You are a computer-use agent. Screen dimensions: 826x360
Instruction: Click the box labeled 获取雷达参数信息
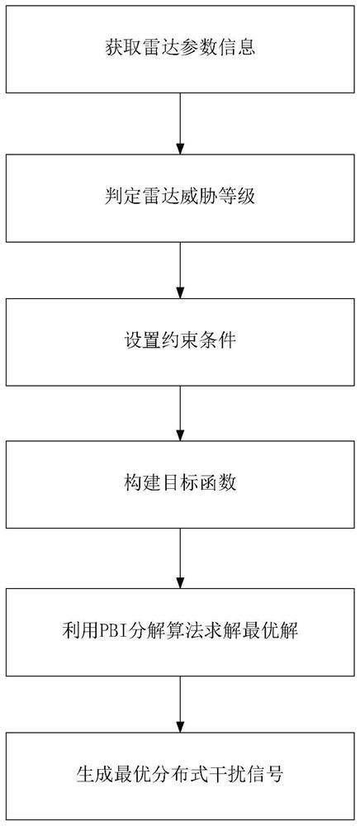pyautogui.click(x=179, y=48)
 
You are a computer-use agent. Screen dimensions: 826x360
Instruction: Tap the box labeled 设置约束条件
pyautogui.click(x=179, y=339)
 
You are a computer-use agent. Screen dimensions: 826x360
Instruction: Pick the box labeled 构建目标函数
pyautogui.click(x=179, y=483)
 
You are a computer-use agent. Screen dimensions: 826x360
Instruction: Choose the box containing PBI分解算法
pyautogui.click(x=179, y=632)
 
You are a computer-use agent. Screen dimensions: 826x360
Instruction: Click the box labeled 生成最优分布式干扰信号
pyautogui.click(x=179, y=776)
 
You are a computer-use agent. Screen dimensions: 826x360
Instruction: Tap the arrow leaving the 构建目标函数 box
pyautogui.click(x=180, y=558)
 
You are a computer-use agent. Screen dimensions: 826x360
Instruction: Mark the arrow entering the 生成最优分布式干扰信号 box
pyautogui.click(x=180, y=702)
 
